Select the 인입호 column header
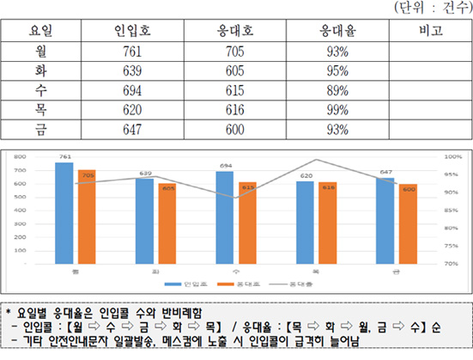click(x=132, y=30)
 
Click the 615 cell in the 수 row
click(x=233, y=90)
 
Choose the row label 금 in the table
click(x=39, y=130)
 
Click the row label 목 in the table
click(x=39, y=110)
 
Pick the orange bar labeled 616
click(x=330, y=223)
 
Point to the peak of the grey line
click(x=316, y=160)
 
